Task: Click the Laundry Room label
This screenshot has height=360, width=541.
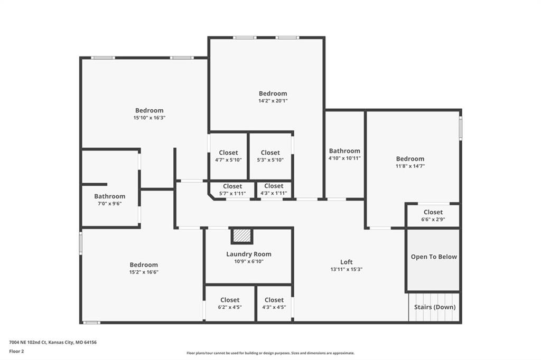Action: (249, 254)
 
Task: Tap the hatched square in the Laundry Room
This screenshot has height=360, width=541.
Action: (241, 236)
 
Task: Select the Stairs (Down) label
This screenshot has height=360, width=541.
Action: (435, 307)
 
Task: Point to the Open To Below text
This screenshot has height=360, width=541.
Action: (434, 257)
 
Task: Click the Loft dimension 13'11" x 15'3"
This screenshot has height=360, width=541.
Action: (347, 269)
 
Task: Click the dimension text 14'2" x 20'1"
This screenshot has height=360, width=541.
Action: (273, 101)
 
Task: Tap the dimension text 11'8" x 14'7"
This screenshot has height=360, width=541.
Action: (410, 166)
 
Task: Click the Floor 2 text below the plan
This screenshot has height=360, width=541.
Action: (16, 352)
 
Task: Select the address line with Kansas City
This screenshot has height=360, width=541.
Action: (53, 343)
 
